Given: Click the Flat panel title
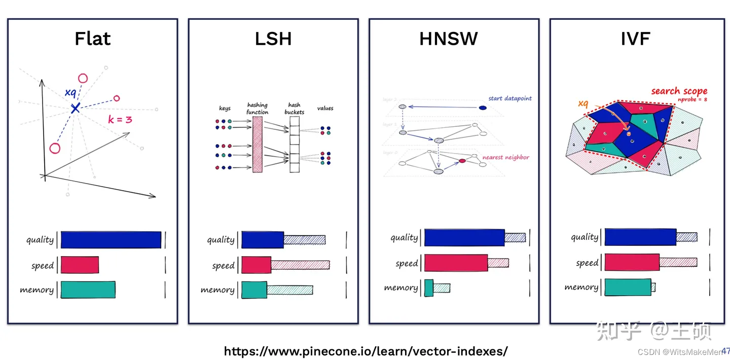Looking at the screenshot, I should tap(92, 39).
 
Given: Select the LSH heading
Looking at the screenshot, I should tap(273, 39).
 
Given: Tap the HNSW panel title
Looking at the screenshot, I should tap(448, 39).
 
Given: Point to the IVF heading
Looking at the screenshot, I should tap(635, 39).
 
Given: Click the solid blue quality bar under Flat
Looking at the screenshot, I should tap(111, 240).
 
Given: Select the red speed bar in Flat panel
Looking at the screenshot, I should tap(80, 265).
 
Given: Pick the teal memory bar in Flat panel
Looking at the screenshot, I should tap(88, 290).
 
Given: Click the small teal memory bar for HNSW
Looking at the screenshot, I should tap(429, 287).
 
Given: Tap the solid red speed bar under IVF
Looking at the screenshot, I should tap(632, 262).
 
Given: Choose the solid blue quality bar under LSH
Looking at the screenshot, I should tap(262, 240).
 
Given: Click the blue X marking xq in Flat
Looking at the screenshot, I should tap(75, 107).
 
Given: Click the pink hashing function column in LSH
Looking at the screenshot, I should tap(257, 145).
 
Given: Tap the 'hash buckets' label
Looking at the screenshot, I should tap(294, 109).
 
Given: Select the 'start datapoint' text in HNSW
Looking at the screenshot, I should tap(510, 98).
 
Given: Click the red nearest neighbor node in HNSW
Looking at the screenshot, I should tap(462, 161).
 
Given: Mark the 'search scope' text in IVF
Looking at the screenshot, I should tap(679, 91).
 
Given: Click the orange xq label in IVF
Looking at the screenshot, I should tap(583, 104).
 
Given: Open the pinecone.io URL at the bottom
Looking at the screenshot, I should tap(366, 351).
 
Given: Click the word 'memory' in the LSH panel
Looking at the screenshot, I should tap(217, 290).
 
